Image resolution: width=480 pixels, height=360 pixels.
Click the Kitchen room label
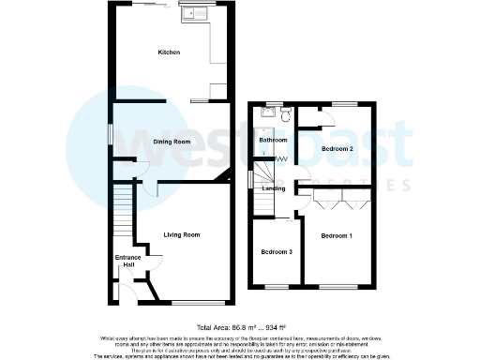point(169,52)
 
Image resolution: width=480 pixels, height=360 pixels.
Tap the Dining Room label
point(172,142)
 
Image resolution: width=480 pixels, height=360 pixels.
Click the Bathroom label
point(272,140)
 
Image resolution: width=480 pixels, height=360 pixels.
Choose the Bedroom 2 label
point(337,149)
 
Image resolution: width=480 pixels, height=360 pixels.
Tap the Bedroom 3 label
point(277,252)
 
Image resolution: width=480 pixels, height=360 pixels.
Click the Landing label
point(274,188)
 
